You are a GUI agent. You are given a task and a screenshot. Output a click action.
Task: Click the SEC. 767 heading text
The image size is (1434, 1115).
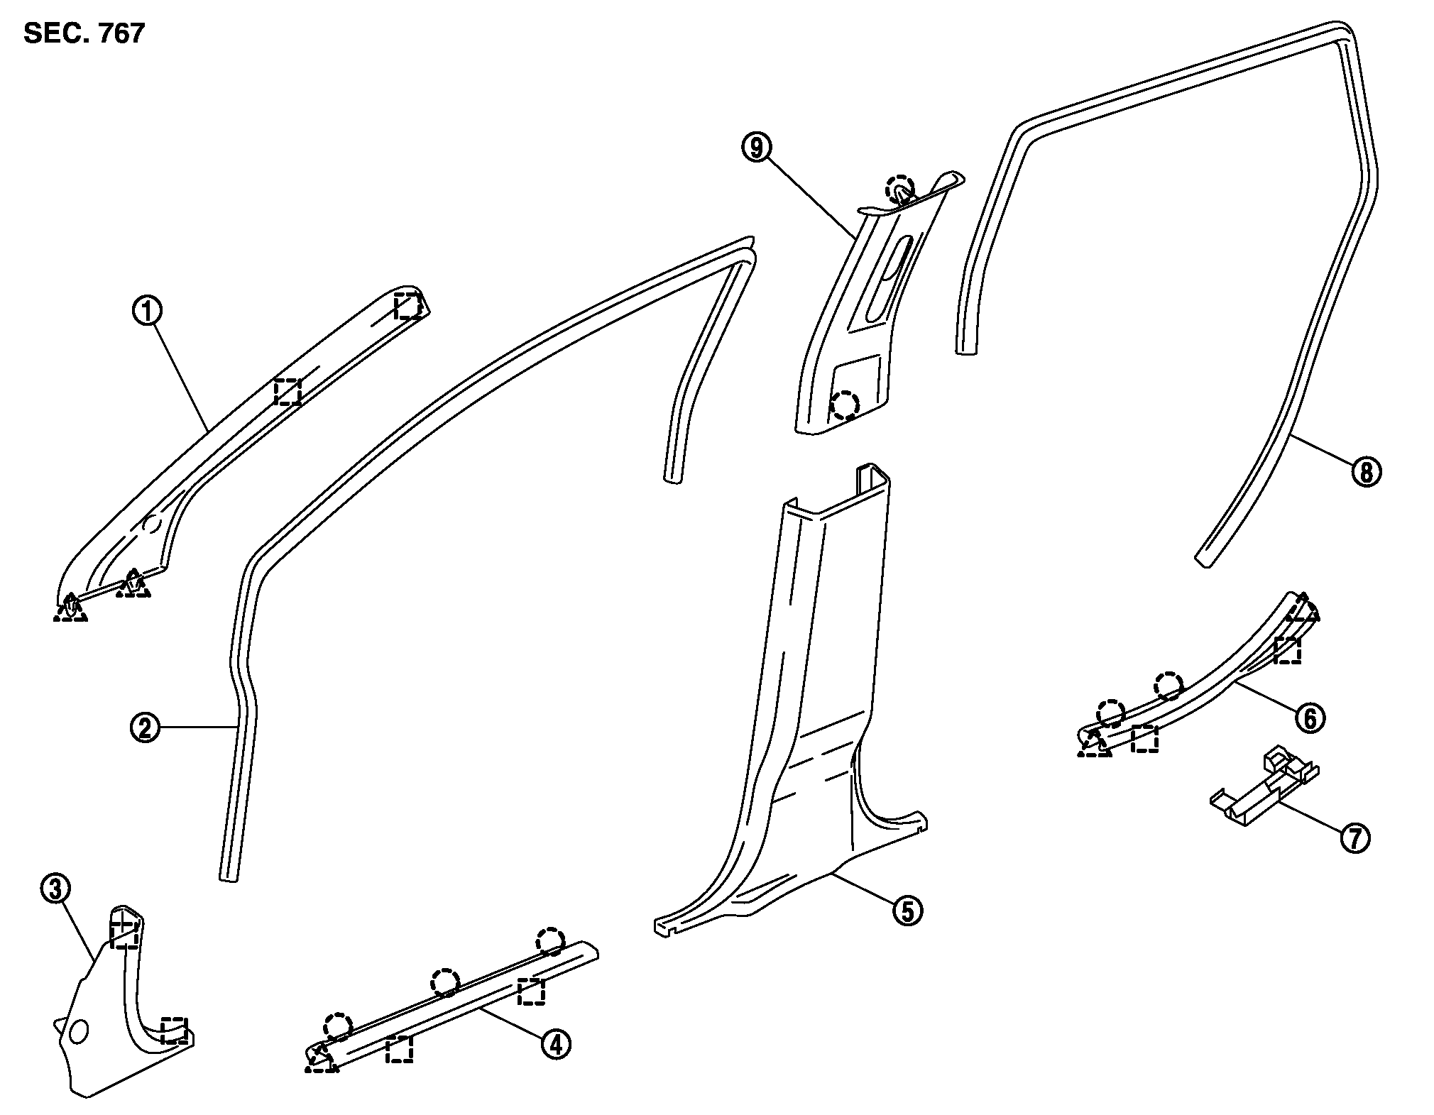[84, 33]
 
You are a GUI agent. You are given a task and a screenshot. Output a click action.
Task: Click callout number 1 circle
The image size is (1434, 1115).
[148, 312]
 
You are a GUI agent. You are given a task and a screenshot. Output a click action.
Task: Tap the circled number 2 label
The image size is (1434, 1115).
[145, 727]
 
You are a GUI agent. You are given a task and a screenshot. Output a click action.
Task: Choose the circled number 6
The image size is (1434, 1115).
[1310, 718]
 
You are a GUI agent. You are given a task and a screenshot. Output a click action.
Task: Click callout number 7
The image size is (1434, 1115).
[1354, 839]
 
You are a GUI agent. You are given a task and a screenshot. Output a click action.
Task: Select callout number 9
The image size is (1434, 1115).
[756, 148]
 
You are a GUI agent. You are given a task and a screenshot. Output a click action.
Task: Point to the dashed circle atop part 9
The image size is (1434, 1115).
[900, 187]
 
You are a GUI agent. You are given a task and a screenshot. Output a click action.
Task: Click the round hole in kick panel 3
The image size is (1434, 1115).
[79, 1031]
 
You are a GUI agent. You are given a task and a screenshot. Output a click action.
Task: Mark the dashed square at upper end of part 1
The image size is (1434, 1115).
[408, 306]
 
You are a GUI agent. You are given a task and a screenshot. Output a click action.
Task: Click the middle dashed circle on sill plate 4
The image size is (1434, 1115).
[445, 982]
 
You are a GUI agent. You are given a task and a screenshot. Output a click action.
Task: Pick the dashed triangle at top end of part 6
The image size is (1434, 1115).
[1303, 609]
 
